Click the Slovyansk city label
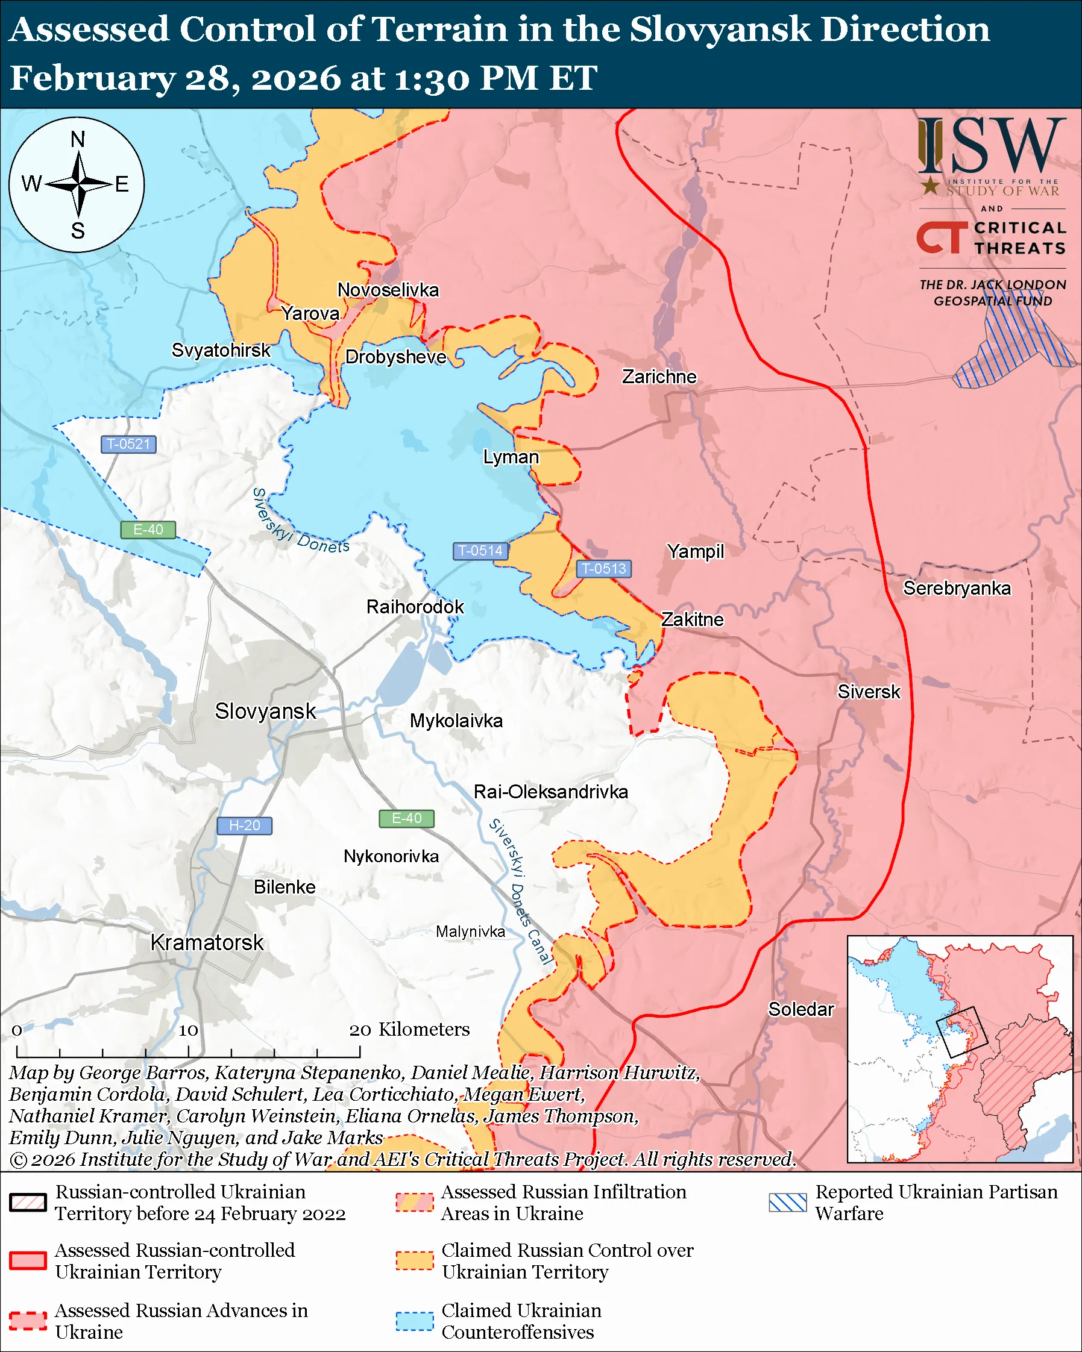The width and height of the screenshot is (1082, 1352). (x=265, y=711)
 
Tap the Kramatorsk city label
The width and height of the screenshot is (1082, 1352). (x=207, y=942)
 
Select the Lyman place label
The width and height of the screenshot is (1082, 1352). (x=511, y=457)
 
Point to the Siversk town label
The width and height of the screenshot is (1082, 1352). (x=869, y=692)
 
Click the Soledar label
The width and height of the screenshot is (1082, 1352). (x=801, y=1009)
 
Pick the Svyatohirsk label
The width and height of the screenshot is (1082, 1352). (x=221, y=350)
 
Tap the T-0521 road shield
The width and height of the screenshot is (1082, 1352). (x=128, y=444)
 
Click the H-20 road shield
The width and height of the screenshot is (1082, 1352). (x=244, y=825)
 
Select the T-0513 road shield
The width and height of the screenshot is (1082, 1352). (x=603, y=568)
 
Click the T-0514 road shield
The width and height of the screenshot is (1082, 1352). (x=480, y=551)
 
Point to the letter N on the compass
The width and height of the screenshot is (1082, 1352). (x=78, y=139)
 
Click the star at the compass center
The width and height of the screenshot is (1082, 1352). (x=78, y=184)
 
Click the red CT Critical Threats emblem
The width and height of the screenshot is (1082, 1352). (x=942, y=237)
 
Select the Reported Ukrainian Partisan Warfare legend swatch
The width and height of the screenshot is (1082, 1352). (x=788, y=1202)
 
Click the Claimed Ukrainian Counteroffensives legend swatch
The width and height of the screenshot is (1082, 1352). (x=415, y=1320)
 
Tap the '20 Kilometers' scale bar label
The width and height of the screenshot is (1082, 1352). (x=409, y=1029)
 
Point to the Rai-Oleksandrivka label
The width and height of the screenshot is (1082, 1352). (x=551, y=792)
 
